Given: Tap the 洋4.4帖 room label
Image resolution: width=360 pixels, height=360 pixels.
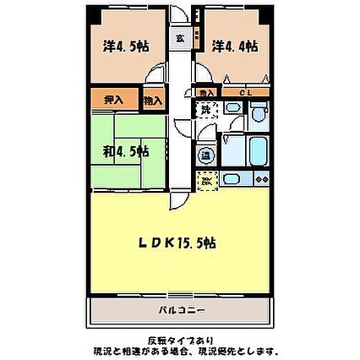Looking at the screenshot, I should coord(234,46).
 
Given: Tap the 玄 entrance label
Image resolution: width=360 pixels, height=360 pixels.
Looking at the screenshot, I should coord(181,38).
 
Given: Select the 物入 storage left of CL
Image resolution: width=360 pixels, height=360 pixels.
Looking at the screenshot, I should coord(206,92).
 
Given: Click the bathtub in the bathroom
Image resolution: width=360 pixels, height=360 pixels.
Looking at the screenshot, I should coord(257,150).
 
